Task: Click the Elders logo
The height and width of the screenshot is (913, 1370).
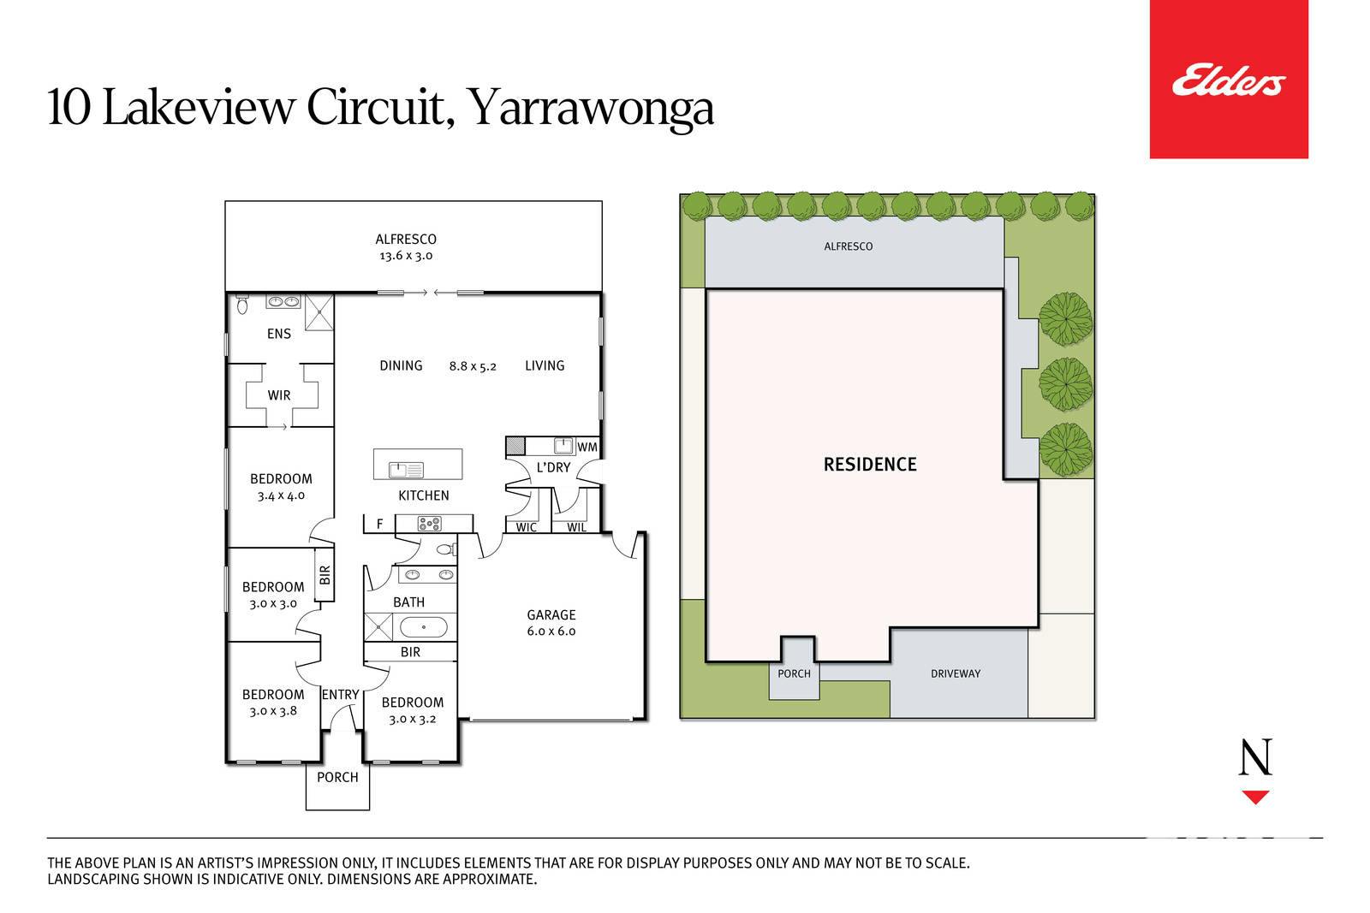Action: coord(1229,80)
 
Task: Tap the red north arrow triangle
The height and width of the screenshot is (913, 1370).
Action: coord(1255,797)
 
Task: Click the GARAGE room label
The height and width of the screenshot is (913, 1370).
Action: coord(551,614)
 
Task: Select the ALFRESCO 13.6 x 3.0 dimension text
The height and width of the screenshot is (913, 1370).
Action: coord(406,256)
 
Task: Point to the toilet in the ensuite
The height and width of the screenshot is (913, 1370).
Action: coord(242,304)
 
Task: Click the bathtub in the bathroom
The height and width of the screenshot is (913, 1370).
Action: coord(423,627)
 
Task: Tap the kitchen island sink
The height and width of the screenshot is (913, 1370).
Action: coord(406,470)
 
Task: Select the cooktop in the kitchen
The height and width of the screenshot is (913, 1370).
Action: coord(429,524)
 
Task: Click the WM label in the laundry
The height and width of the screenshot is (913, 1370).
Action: coord(587,447)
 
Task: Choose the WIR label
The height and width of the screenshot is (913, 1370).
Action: coord(279,395)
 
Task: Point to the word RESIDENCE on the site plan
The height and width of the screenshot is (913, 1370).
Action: coord(870,465)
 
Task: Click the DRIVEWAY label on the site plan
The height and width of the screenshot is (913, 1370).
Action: coord(956,673)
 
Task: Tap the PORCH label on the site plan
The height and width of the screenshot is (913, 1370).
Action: coord(794,673)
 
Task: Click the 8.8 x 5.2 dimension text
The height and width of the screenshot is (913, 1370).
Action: coord(473,366)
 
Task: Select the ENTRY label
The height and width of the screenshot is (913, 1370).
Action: coord(341,695)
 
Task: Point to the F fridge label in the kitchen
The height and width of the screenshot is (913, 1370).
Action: coord(380,524)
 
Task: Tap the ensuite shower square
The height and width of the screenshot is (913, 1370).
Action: coord(319,312)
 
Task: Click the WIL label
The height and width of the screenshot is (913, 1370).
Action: coord(576,527)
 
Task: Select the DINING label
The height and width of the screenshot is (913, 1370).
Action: coord(402,365)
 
